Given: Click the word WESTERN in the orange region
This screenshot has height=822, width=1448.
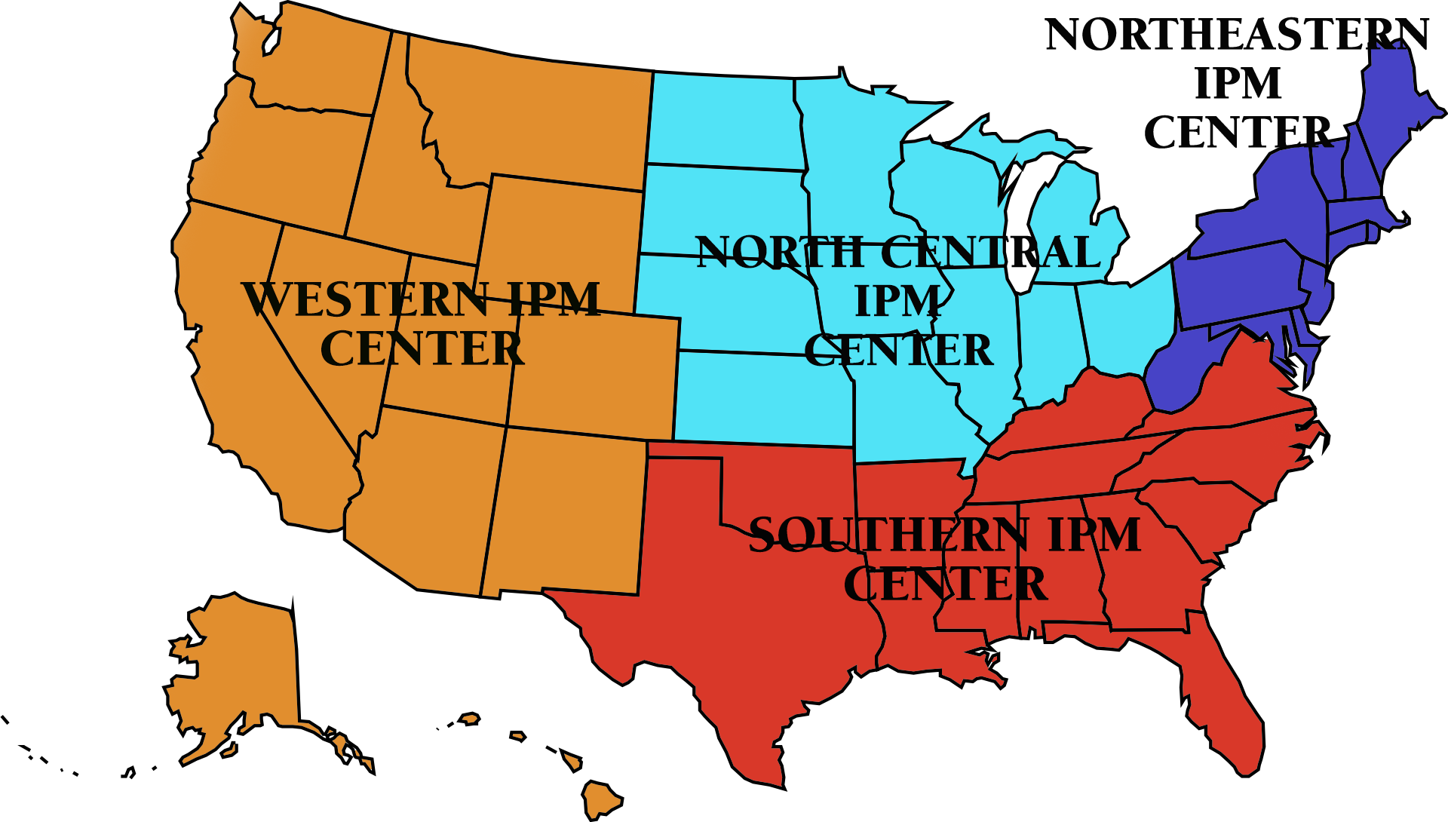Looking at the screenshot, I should [x=366, y=300].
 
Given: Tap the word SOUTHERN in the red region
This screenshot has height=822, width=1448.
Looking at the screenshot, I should [x=888, y=535].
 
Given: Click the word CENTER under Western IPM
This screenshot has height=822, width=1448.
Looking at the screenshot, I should [x=422, y=348].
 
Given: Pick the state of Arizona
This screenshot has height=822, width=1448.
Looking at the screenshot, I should [x=422, y=498].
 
